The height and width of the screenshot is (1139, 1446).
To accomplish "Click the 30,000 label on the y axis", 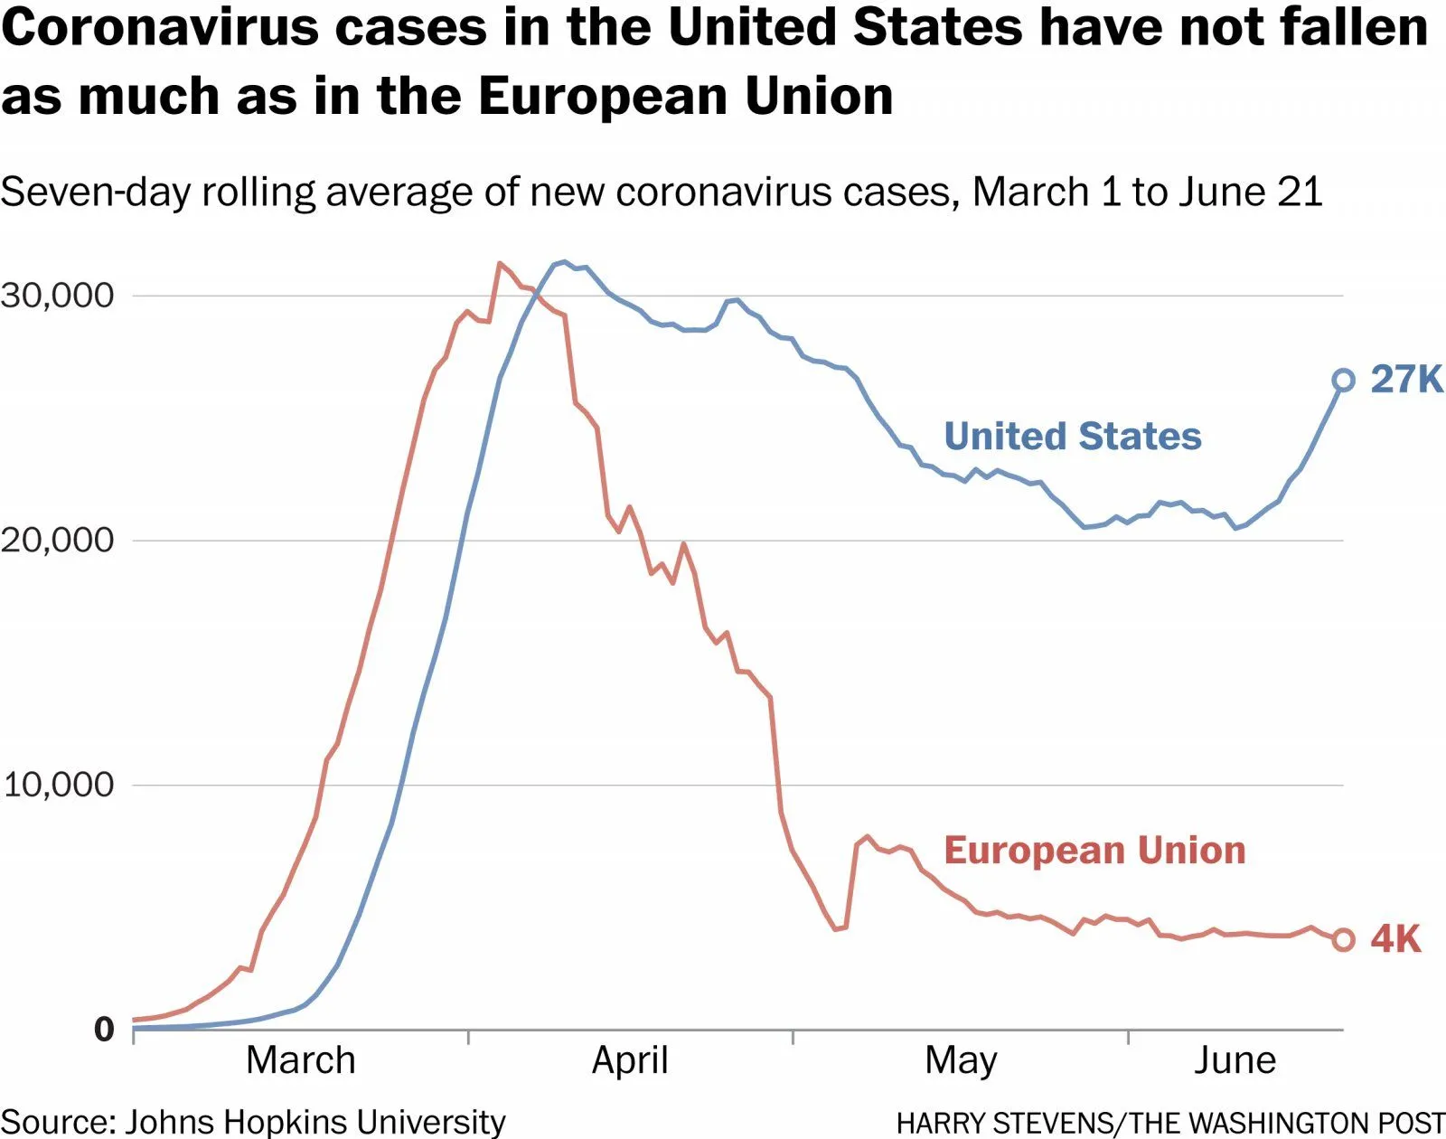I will [x=58, y=296].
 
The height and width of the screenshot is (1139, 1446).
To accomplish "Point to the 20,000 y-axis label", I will [x=58, y=541].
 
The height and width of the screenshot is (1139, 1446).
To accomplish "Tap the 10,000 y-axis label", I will [x=58, y=785].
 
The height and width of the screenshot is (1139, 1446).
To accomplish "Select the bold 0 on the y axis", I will [x=105, y=1030].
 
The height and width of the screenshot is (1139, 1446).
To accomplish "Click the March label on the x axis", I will [x=301, y=1060].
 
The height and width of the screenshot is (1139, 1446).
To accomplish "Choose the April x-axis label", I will [x=630, y=1060].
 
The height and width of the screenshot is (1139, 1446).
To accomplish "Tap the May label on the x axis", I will [x=961, y=1060].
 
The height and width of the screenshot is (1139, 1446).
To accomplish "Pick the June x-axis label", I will [x=1235, y=1060].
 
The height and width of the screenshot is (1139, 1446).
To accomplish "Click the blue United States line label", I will [x=1073, y=437].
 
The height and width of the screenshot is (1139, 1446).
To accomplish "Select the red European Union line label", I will [x=1094, y=851].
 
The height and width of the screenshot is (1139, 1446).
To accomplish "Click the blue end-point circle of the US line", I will [x=1344, y=381].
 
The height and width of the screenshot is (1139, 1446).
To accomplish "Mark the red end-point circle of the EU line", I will [x=1344, y=939].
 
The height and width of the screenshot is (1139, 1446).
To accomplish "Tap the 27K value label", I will [x=1406, y=380].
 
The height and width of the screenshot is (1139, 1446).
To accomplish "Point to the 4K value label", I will [x=1395, y=939].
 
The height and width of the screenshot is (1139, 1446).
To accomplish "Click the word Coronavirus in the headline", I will [x=160, y=29].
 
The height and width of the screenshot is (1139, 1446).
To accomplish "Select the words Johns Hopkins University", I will [x=315, y=1122].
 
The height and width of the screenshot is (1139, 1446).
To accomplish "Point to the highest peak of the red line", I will [x=499, y=263].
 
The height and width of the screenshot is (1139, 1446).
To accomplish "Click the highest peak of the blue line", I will [x=564, y=262].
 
